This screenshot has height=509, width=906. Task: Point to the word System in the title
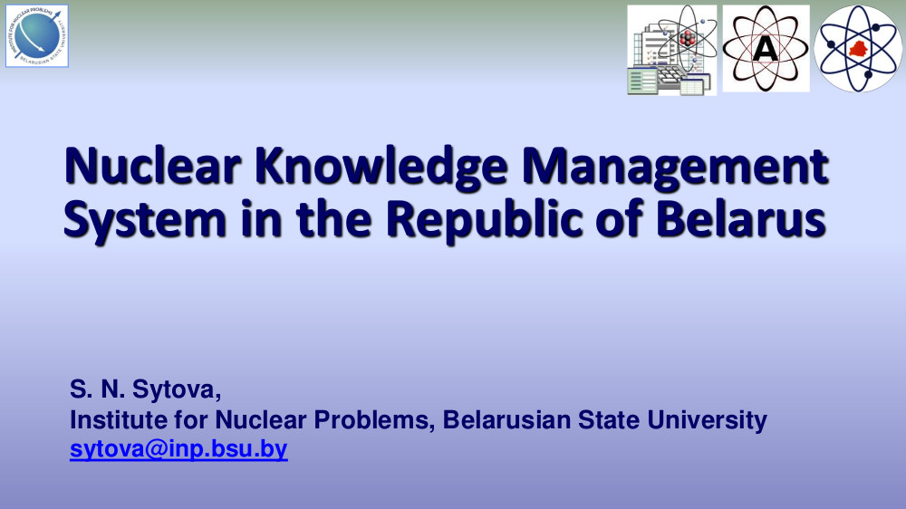point(144,220)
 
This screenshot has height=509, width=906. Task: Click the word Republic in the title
point(484,218)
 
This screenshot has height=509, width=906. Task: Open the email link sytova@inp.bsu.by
point(178,449)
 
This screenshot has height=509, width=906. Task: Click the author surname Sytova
point(177,390)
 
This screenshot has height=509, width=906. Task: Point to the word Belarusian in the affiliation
point(506,420)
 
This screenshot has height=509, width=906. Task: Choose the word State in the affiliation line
point(609,420)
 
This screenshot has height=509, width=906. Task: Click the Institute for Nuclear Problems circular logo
point(37,36)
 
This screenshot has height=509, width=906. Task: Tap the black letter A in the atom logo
point(766,49)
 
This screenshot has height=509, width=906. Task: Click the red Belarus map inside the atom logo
point(859,49)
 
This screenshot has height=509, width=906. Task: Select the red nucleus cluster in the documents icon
point(687,39)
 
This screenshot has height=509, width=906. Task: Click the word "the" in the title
point(333,218)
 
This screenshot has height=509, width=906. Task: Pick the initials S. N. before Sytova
point(97,389)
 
